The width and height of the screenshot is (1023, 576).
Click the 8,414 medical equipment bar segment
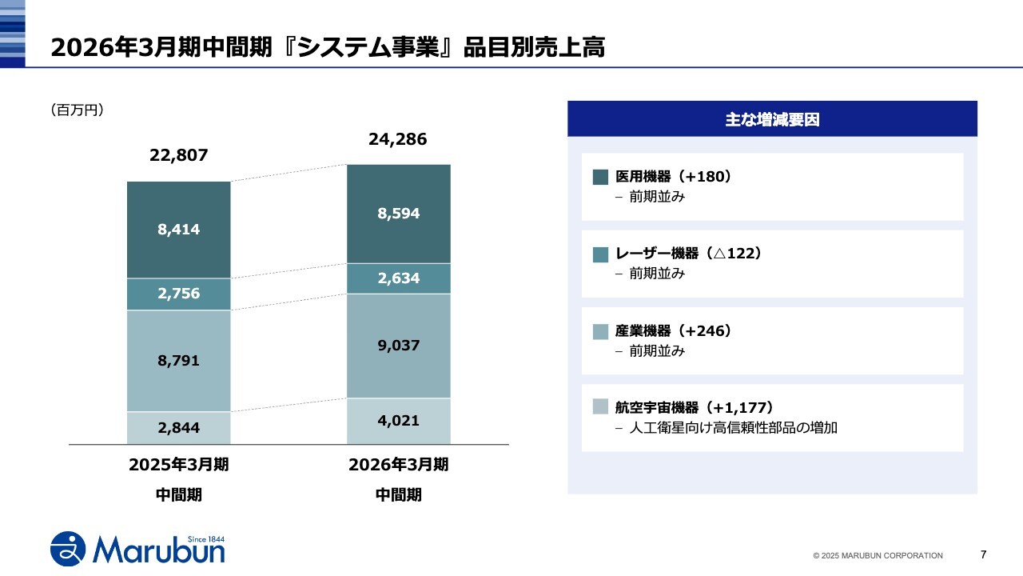[178, 230]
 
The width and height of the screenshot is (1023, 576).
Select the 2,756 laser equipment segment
[178, 294]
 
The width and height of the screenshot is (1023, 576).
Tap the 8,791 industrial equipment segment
[178, 361]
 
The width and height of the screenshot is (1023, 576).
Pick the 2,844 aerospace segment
[178, 428]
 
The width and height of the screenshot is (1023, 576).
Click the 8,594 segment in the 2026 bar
[398, 214]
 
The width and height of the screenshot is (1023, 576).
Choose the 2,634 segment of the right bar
[398, 278]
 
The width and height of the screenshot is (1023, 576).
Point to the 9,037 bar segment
[398, 346]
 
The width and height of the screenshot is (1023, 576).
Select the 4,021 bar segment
[398, 421]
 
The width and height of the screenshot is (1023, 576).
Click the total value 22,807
[178, 155]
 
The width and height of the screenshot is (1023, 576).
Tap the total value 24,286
[398, 139]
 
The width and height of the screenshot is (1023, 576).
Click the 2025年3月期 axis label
[178, 465]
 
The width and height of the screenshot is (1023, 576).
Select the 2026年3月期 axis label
[398, 465]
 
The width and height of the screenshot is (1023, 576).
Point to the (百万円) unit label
[77, 110]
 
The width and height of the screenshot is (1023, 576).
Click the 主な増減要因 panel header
[772, 119]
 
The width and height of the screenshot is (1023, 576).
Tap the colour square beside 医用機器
[601, 177]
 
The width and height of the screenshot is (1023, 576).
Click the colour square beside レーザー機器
[601, 254]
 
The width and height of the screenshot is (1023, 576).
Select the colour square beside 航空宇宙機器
[601, 407]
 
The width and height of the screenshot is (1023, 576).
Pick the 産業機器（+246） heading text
[674, 330]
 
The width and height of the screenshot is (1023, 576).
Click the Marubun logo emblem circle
[69, 548]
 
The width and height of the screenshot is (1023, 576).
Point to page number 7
[983, 554]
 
